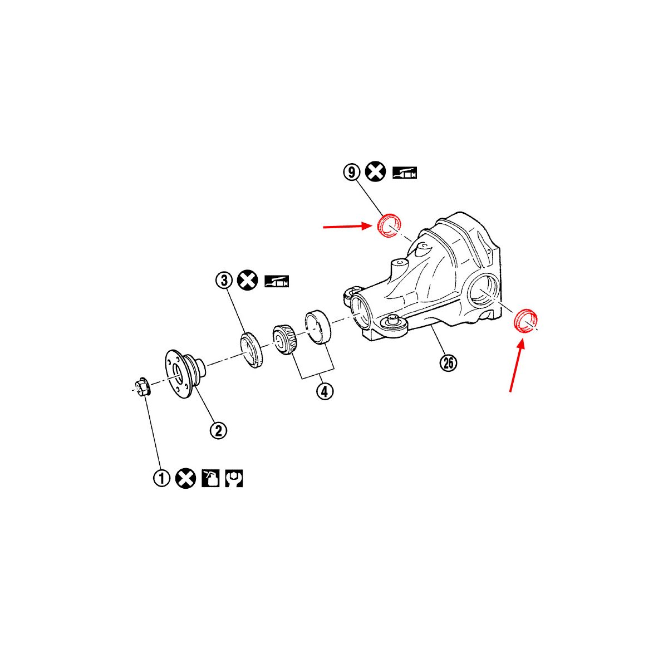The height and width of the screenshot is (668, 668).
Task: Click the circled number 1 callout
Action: tap(161, 479)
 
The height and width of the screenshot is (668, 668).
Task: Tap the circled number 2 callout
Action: tap(218, 431)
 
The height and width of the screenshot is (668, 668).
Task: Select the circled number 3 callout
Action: tap(224, 280)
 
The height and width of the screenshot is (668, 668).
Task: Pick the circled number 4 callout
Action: tap(325, 391)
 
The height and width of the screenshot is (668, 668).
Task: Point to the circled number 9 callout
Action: tap(352, 172)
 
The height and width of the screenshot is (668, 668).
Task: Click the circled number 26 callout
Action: tap(448, 363)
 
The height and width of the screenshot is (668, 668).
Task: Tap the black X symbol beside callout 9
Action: tap(375, 171)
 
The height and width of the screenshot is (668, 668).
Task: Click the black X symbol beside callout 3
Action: tap(248, 280)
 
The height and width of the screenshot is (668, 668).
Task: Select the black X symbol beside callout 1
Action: tap(185, 478)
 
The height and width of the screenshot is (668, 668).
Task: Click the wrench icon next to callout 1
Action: tap(234, 478)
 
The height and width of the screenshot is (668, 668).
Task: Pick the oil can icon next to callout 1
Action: tap(210, 478)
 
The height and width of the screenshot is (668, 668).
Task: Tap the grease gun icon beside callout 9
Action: tap(405, 172)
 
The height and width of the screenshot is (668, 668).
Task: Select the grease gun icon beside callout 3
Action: tap(277, 281)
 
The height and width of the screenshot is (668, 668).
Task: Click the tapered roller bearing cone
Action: tap(284, 340)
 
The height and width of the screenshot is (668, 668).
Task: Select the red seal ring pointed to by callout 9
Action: tap(389, 226)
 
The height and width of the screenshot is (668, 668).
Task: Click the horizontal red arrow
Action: tap(347, 227)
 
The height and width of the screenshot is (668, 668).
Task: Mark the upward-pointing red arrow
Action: tap(516, 366)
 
